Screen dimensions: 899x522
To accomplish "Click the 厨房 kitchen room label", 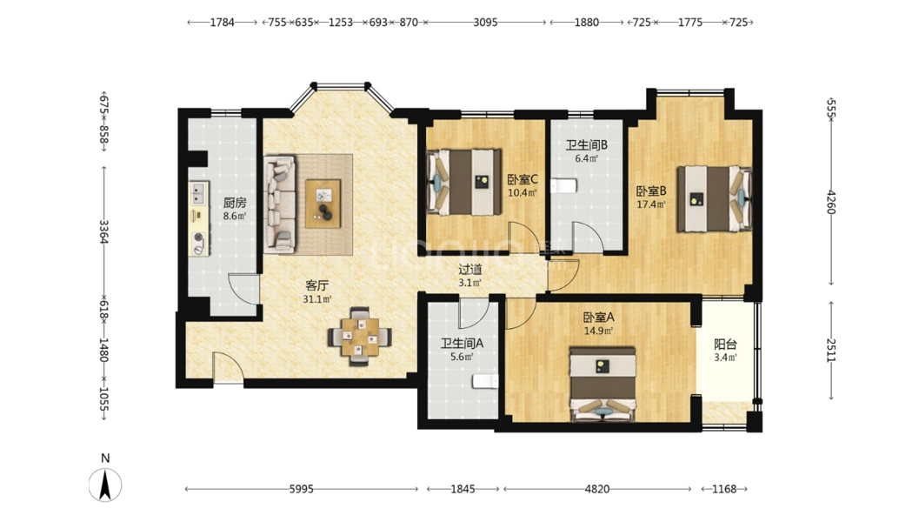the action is (235, 203).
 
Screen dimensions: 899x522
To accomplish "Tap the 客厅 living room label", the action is (317, 285).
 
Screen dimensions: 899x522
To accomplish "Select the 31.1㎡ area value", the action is (317, 299).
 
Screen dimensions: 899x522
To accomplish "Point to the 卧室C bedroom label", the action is (523, 179).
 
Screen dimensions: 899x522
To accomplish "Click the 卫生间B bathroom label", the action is (587, 145).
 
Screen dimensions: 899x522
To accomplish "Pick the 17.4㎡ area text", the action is (651, 204).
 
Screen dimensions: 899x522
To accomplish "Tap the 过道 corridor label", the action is (470, 269).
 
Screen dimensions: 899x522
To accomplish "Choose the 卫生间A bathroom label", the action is (463, 343).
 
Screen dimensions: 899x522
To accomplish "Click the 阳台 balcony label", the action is (725, 345).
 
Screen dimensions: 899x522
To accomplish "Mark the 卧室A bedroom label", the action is (598, 318).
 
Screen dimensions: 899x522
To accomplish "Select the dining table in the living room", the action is (360, 337).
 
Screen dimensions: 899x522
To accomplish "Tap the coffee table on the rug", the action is (323, 204).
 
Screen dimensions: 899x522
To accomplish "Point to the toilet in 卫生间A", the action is (484, 381).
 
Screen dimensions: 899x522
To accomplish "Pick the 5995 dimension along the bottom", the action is (301, 489).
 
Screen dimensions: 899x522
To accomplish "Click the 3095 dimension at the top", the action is (485, 23).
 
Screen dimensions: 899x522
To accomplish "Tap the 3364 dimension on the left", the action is (103, 231).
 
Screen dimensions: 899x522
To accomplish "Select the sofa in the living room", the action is (280, 204).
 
